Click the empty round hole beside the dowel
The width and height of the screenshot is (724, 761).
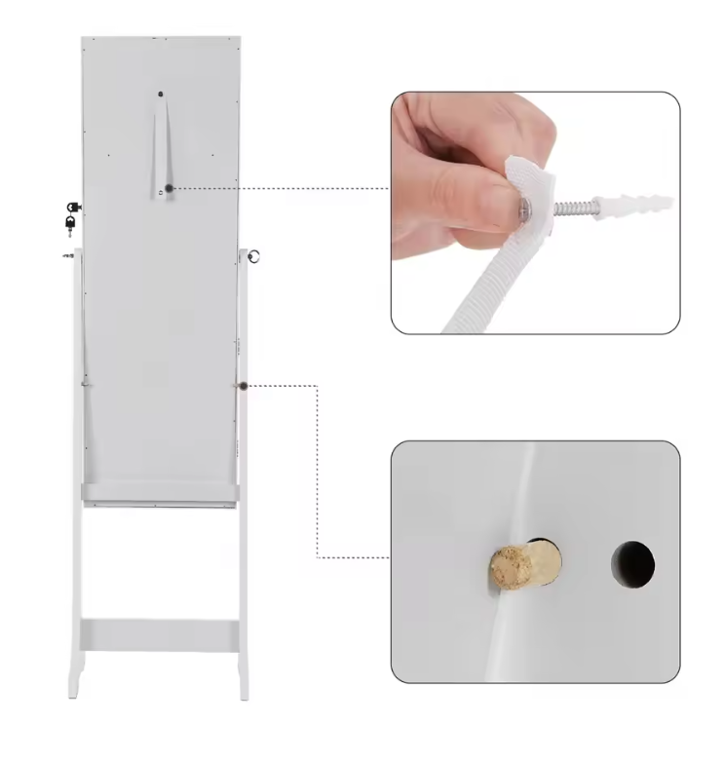632,563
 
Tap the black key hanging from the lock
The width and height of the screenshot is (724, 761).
70,227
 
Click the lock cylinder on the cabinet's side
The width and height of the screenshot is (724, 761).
72,207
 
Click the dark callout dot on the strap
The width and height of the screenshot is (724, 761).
169,188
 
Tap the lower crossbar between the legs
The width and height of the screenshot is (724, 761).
159,636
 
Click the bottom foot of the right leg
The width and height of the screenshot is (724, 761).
243,689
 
